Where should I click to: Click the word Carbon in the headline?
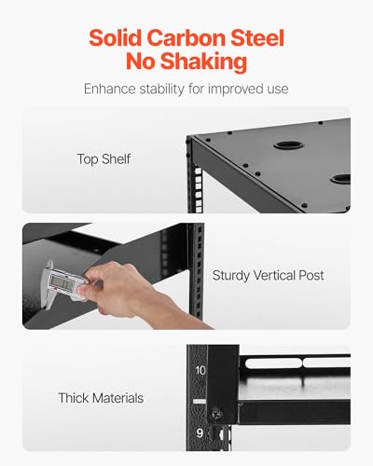pos(186,38)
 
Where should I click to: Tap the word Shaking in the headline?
pos(203,62)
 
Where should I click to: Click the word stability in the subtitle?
pos(162,89)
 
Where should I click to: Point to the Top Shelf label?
pos(104,159)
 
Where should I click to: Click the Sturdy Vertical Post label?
pos(268,276)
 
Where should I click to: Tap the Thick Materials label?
pos(101,398)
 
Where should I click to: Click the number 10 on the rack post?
pos(200,370)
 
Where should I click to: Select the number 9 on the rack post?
pos(200,432)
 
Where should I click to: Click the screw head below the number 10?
pos(216,414)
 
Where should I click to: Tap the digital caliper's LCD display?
pos(62,282)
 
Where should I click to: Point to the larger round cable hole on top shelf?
pos(289,145)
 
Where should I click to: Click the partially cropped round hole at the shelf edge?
pos(340,179)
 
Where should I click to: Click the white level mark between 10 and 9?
pos(200,402)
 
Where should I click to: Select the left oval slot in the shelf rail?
pos(273,363)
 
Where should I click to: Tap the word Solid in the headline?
pos(116,38)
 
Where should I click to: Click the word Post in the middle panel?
pos(311,276)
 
